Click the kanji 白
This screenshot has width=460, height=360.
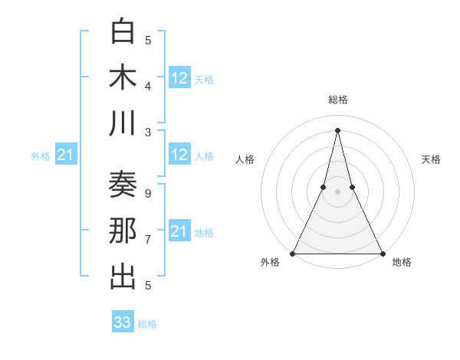coord(123,32)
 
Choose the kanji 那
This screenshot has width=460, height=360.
coord(123,231)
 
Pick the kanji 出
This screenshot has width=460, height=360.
coord(123,277)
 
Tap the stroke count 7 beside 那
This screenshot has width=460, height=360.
coord(148,240)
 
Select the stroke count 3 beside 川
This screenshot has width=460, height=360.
coord(148,131)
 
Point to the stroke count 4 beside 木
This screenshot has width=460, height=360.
coord(148,86)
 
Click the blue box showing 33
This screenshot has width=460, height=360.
coord(123,322)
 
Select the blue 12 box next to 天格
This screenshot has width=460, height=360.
coord(179,77)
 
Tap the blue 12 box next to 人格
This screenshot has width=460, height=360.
coord(179,155)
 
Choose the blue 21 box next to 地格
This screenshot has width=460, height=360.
coord(179,231)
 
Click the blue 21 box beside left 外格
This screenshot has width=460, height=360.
coord(66,155)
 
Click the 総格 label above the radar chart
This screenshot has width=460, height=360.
coord(337,100)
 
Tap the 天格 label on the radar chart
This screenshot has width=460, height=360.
coord(431,159)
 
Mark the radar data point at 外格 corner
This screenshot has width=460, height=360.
coord(293,254)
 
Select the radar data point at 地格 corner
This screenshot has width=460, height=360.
coord(382,254)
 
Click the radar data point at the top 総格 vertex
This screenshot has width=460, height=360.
coord(337,129)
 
